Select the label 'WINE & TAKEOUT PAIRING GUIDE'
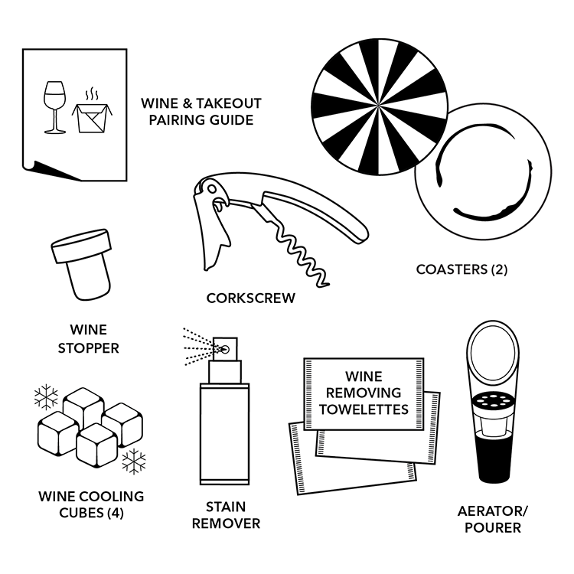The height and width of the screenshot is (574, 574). pos(201,112)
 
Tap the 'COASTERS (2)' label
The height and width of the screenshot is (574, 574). pos(461,269)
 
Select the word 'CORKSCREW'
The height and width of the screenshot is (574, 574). pos(250,298)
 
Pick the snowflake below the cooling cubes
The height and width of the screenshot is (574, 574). pos(135,462)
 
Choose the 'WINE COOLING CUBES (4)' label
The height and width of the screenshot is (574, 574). pos(91,504)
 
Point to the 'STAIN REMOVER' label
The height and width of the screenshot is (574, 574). pos(226,515)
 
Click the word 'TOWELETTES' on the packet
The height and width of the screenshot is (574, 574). pos(364,409)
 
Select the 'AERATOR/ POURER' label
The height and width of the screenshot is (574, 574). pos(493,520)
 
